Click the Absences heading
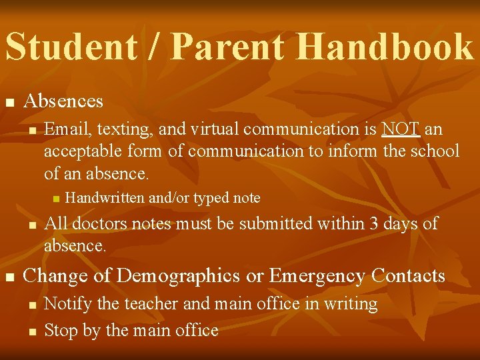coord(63,101)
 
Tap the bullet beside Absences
coord(9,103)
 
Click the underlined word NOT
coord(401,129)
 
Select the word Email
coord(65,129)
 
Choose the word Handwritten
coord(107,198)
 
